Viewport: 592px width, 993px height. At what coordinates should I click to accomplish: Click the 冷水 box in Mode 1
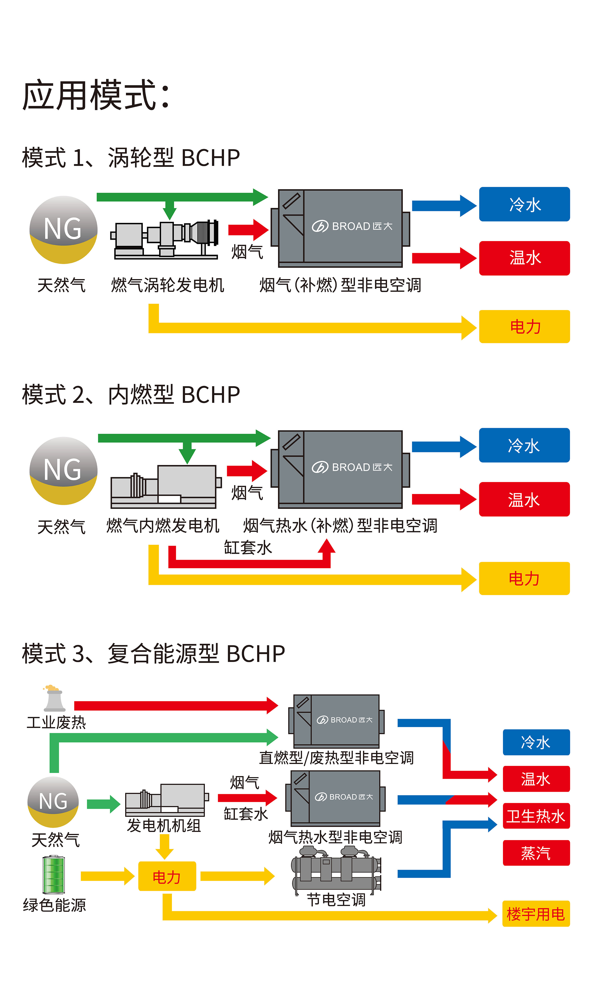tap(524, 204)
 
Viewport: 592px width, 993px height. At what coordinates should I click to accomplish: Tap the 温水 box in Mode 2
tap(524, 499)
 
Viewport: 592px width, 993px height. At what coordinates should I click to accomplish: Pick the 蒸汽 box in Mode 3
tap(536, 853)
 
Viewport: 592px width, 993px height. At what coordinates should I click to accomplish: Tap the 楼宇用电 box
tap(536, 914)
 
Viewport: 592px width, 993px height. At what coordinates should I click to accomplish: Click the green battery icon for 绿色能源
tap(54, 874)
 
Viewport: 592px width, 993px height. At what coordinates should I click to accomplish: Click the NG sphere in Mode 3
tap(53, 802)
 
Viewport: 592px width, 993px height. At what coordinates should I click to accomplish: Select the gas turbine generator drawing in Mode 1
tap(166, 239)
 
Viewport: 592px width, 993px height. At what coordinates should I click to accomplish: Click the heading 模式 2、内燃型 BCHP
tap(131, 394)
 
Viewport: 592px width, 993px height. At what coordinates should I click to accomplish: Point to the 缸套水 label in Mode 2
tap(248, 547)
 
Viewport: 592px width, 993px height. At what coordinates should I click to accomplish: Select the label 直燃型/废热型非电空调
tap(336, 757)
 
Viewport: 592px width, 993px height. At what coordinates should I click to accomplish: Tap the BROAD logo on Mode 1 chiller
tap(352, 226)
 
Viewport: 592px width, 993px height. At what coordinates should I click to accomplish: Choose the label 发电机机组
tap(164, 826)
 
